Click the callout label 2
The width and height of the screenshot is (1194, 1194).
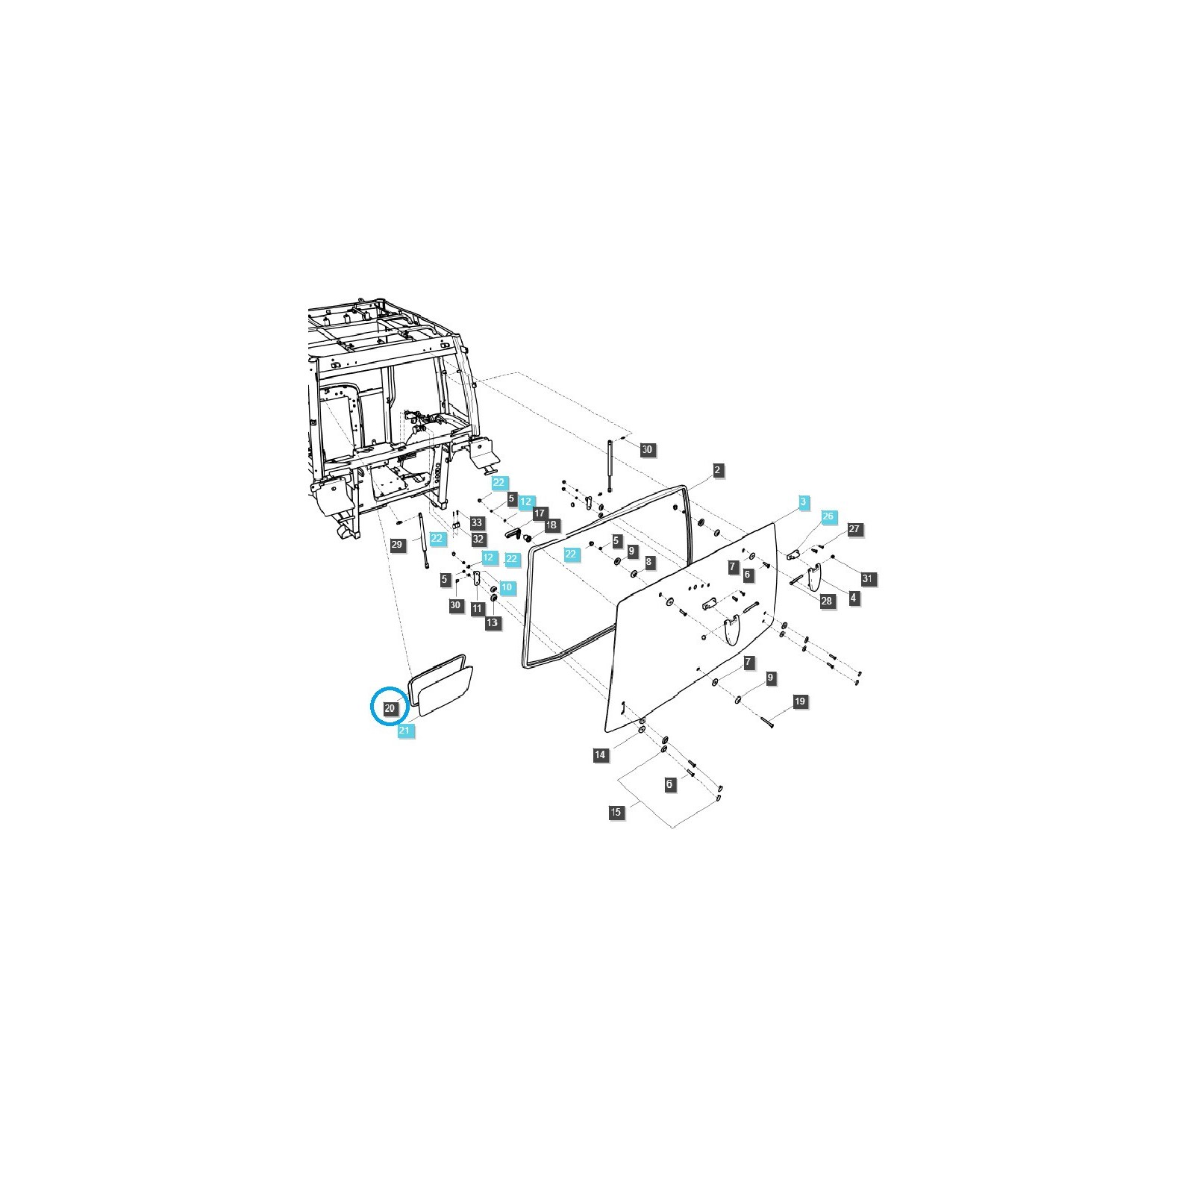[x=717, y=470]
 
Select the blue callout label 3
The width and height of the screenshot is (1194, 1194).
[x=803, y=501]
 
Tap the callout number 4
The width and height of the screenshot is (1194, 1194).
[x=853, y=598]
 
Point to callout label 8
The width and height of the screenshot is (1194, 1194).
[x=648, y=561]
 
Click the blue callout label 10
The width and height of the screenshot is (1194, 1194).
[x=507, y=587]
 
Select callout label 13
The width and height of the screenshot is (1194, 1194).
[x=493, y=622]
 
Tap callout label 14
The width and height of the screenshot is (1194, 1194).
[x=600, y=755]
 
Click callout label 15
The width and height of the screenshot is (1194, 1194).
[x=616, y=813]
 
